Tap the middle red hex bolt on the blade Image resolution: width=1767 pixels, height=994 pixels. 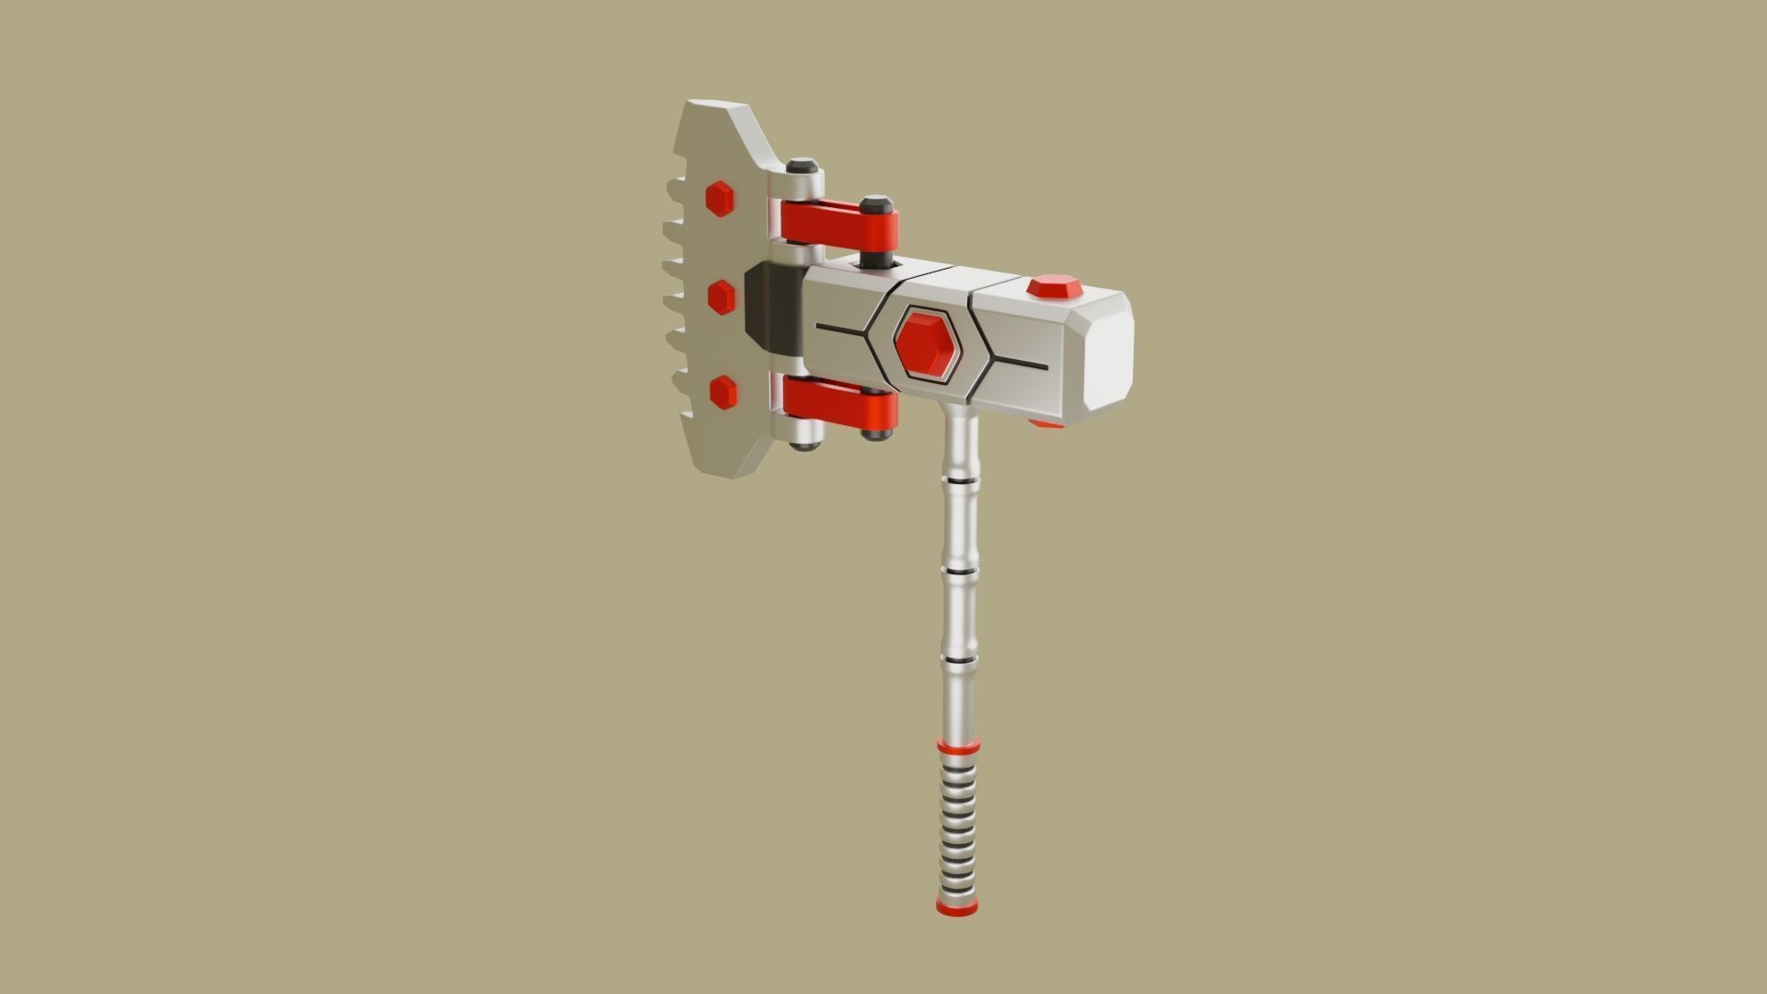point(721,297)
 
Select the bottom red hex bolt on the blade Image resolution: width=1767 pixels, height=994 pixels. point(723,392)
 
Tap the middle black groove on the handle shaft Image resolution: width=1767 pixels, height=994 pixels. point(959,572)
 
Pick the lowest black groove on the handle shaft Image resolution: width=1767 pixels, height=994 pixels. point(959,659)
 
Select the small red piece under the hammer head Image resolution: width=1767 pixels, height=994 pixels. point(1045,424)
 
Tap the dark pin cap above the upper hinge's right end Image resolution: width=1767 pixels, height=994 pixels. point(875,202)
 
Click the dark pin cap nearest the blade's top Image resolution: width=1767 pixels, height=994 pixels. point(803,166)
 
